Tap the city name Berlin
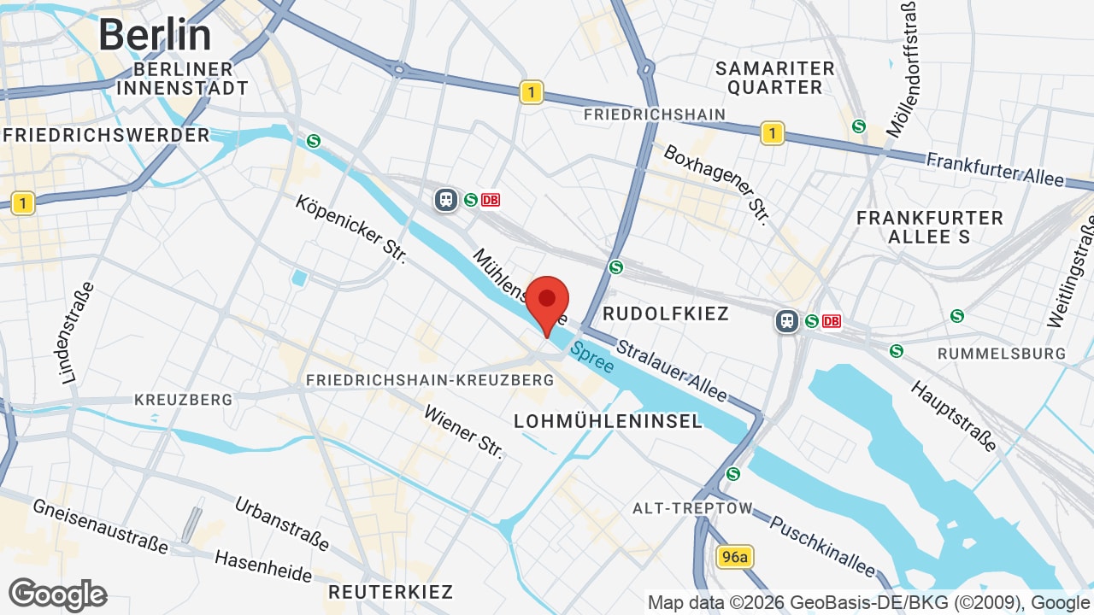(x=155, y=35)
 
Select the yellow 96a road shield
(x=734, y=558)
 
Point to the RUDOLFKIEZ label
(x=666, y=313)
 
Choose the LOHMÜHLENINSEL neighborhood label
(x=608, y=420)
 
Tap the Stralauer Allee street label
(x=672, y=371)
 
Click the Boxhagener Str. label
(x=717, y=184)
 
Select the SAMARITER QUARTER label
(x=774, y=77)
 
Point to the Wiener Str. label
(x=463, y=431)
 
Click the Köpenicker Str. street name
(x=350, y=228)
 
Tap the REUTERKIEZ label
(x=391, y=591)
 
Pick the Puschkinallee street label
(x=822, y=545)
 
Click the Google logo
(x=57, y=594)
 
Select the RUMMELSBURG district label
(x=1002, y=353)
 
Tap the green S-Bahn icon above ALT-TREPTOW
(x=732, y=474)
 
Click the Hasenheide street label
(x=263, y=565)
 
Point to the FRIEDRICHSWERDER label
(x=106, y=135)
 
